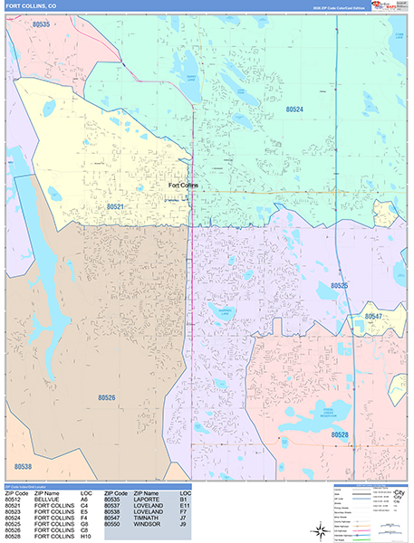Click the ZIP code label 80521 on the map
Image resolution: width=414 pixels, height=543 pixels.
[115, 207]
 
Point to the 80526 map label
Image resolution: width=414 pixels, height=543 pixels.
[107, 396]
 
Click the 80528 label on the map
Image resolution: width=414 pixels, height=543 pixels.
[340, 435]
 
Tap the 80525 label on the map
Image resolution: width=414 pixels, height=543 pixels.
[339, 286]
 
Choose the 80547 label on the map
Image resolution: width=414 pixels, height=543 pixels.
[373, 317]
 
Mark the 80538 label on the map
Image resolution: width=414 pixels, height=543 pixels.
[24, 467]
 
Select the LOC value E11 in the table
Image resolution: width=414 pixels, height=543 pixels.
[184, 505]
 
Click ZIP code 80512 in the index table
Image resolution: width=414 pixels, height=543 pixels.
[13, 499]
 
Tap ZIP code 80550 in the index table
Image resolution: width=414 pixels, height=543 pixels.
[112, 524]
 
